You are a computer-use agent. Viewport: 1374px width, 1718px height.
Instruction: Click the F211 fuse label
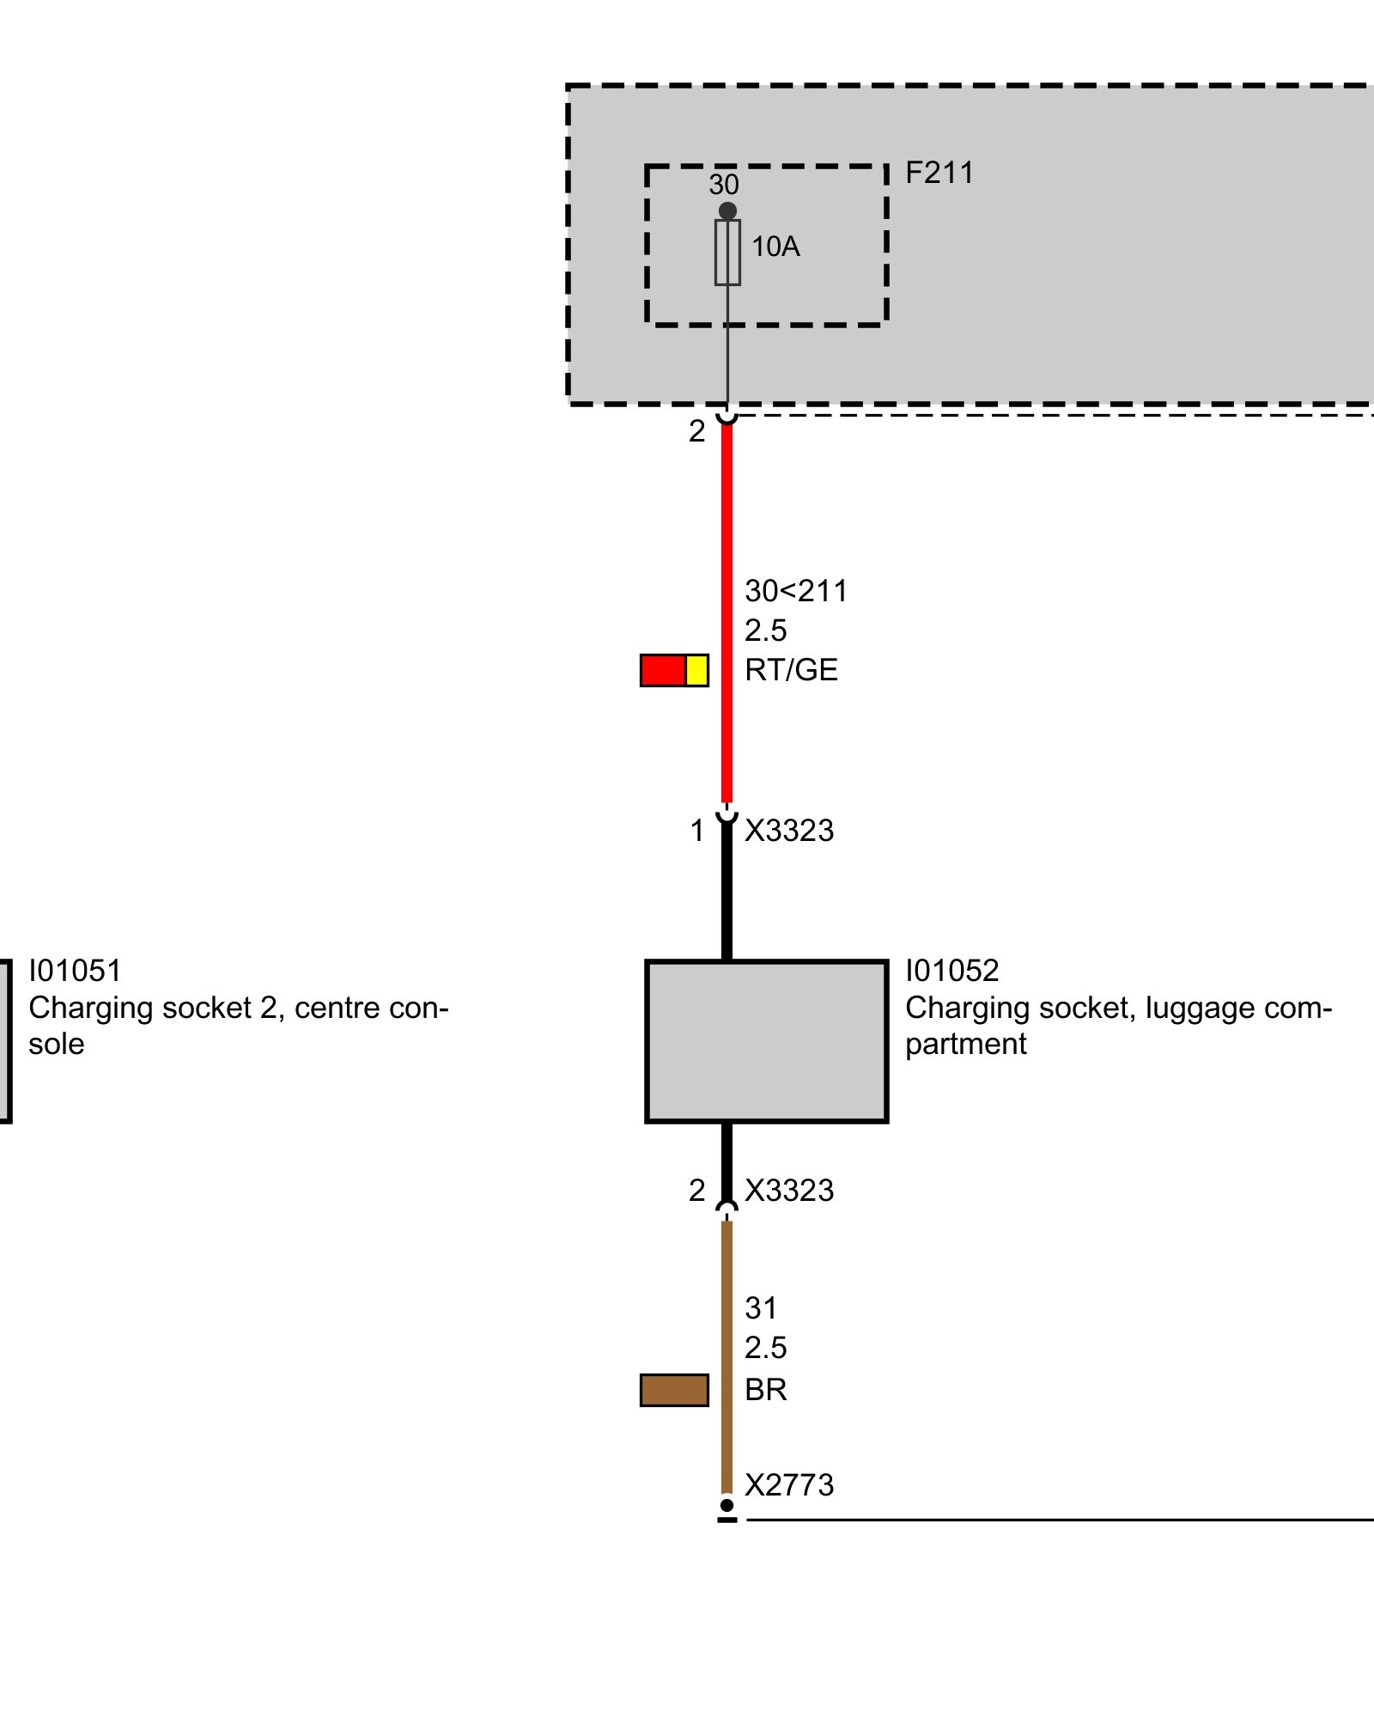939,173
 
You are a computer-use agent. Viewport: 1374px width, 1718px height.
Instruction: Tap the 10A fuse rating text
775,247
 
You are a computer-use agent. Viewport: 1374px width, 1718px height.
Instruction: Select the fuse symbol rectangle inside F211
727,252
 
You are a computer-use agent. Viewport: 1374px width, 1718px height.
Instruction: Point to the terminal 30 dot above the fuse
727,210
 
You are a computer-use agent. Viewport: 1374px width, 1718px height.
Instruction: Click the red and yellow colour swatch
674,670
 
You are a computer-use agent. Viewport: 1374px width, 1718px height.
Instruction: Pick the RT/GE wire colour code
791,670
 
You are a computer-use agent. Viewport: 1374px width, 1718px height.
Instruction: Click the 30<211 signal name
796,591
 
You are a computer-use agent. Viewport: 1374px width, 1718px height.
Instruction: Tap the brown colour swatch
674,1389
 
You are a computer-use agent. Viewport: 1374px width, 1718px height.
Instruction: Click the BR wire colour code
765,1389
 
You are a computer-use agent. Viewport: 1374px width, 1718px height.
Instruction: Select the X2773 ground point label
789,1485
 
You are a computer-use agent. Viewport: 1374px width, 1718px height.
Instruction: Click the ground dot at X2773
727,1505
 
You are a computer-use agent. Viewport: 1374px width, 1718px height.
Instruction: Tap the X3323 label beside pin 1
789,831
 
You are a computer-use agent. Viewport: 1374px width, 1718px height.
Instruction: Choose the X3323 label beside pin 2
789,1191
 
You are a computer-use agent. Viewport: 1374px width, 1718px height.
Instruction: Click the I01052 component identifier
952,971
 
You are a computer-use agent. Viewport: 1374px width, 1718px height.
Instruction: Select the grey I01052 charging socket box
766,1041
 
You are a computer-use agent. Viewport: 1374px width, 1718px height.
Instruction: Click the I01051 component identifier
76,971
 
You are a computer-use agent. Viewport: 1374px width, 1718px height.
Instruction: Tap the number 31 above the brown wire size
761,1308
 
